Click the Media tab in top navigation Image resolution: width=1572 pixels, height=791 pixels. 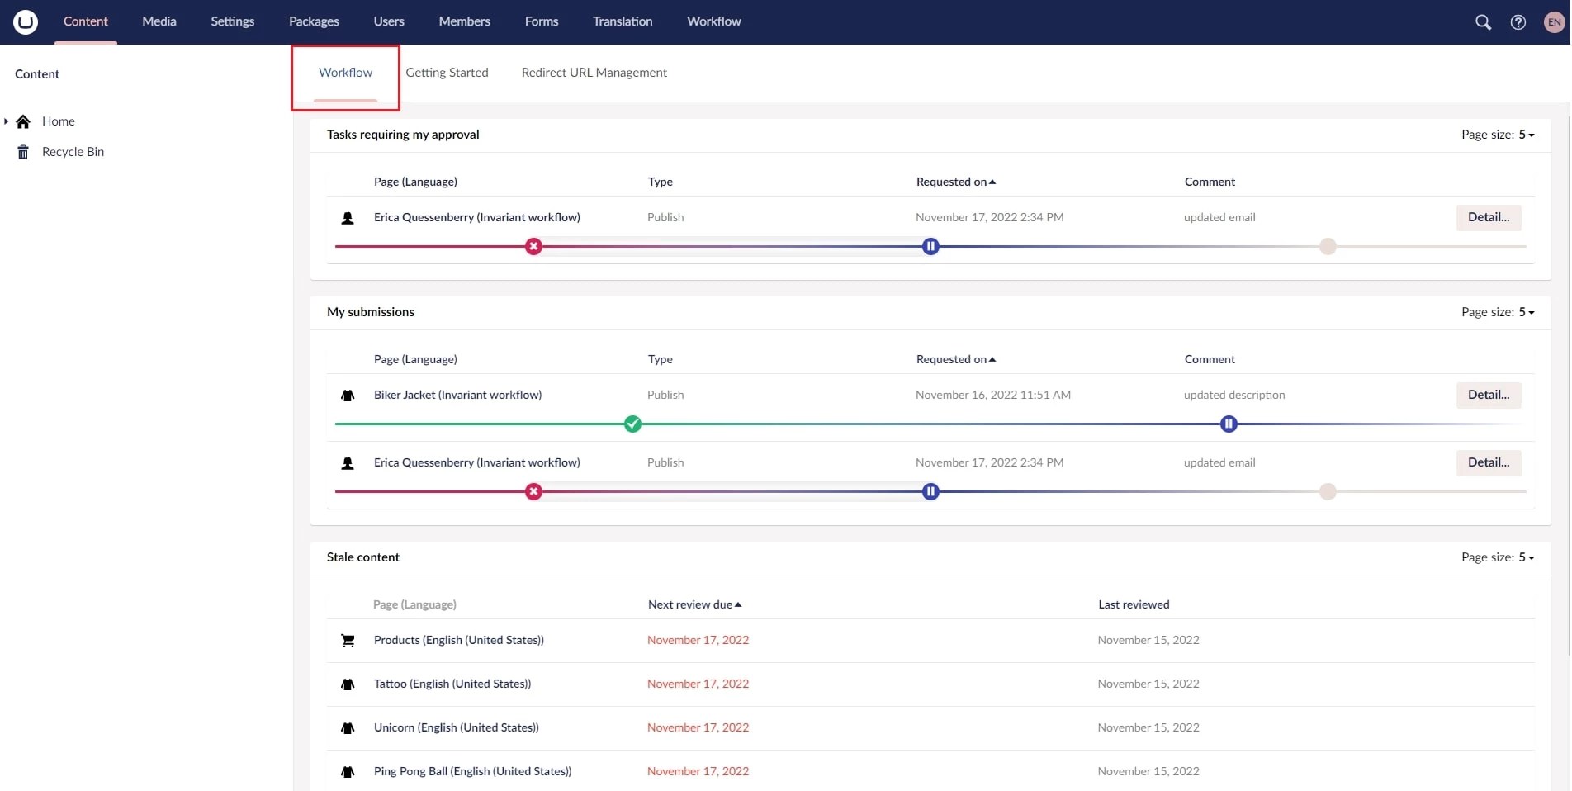[x=159, y=21]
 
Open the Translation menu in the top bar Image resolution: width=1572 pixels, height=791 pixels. [x=622, y=21]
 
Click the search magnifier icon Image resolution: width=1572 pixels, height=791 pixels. [x=1483, y=22]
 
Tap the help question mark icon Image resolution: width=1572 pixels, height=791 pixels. [x=1518, y=22]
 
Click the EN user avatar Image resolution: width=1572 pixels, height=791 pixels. [x=1554, y=22]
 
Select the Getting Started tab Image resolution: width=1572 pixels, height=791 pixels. [x=447, y=73]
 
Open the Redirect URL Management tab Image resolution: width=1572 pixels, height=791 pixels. [x=594, y=73]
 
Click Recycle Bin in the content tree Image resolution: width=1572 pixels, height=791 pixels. [x=73, y=152]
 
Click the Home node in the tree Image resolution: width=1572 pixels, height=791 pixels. [x=58, y=121]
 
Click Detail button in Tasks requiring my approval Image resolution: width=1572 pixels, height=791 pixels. [x=1488, y=217]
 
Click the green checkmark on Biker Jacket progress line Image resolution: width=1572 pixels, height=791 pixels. [x=632, y=424]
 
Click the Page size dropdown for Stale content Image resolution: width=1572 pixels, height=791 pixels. [x=1498, y=557]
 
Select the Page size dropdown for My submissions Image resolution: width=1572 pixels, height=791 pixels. [x=1498, y=312]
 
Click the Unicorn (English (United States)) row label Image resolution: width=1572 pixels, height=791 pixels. [x=456, y=727]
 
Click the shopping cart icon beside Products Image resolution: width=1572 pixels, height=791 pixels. [x=348, y=641]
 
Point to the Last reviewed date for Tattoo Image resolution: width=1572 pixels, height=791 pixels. [x=1148, y=684]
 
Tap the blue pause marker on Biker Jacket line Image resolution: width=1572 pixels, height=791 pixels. [x=1228, y=424]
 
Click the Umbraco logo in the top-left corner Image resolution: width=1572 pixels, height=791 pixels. [x=26, y=22]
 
